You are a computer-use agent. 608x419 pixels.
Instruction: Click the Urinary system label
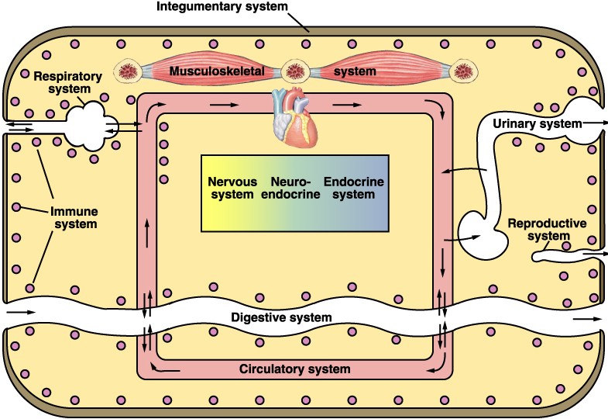[537, 123]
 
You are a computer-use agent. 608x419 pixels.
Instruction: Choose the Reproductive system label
[547, 230]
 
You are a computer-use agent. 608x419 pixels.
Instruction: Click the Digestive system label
[282, 317]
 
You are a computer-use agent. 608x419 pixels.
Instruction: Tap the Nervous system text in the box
[231, 188]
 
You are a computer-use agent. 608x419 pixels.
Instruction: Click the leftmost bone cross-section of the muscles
[128, 73]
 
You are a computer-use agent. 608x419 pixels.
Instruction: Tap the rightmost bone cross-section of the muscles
[463, 72]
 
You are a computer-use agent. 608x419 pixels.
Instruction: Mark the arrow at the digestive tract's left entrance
[22, 312]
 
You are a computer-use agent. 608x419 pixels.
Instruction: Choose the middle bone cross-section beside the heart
[295, 72]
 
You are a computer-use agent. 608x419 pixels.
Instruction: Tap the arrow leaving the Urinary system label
[597, 123]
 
